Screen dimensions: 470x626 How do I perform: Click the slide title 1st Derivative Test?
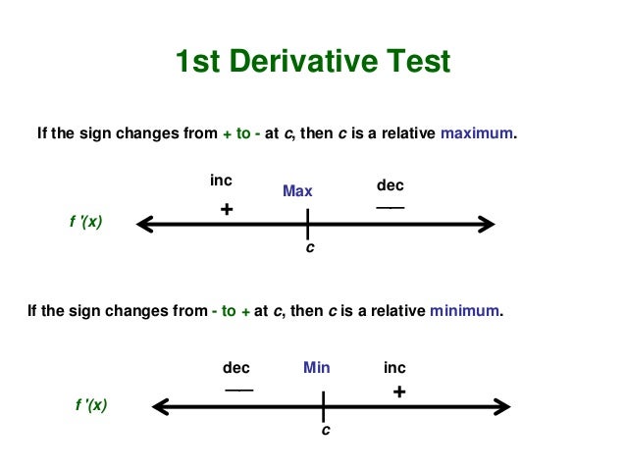[312, 62]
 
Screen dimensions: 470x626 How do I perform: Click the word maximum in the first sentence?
[477, 133]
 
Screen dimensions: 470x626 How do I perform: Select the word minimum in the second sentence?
[465, 312]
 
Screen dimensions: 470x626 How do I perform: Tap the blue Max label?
[297, 191]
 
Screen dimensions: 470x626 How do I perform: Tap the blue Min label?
[316, 368]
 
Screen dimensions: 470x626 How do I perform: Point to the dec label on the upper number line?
[390, 185]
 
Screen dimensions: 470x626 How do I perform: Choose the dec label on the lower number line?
[236, 368]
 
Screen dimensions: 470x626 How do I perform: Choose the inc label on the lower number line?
[394, 368]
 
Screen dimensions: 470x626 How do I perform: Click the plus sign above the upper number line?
[227, 209]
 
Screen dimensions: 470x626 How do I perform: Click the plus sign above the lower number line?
[398, 392]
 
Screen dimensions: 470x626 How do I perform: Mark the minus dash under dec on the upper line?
[390, 207]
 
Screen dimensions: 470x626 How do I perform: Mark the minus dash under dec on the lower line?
[238, 389]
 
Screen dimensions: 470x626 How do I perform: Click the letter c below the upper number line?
[310, 249]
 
